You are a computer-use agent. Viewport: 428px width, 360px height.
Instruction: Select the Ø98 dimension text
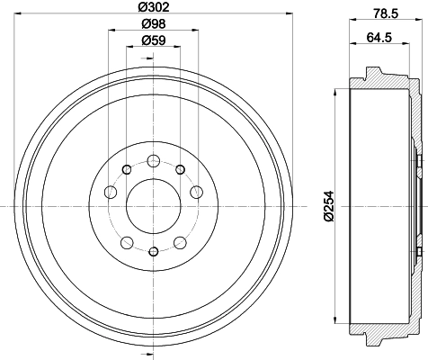[x=154, y=24]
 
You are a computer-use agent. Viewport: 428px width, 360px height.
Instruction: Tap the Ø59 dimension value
[x=154, y=41]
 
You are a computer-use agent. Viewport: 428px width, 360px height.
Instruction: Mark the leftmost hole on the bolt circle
[x=111, y=191]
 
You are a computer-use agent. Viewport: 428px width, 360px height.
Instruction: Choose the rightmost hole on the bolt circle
[x=197, y=191]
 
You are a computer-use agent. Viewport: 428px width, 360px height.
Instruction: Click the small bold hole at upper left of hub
[x=128, y=168]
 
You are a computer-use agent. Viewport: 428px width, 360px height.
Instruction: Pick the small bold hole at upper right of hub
[x=180, y=168]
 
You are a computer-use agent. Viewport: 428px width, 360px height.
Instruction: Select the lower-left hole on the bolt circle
[x=128, y=240]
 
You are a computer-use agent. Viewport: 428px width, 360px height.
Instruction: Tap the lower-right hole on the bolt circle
[x=180, y=240]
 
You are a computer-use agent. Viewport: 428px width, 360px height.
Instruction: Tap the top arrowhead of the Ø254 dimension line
[x=336, y=94]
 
